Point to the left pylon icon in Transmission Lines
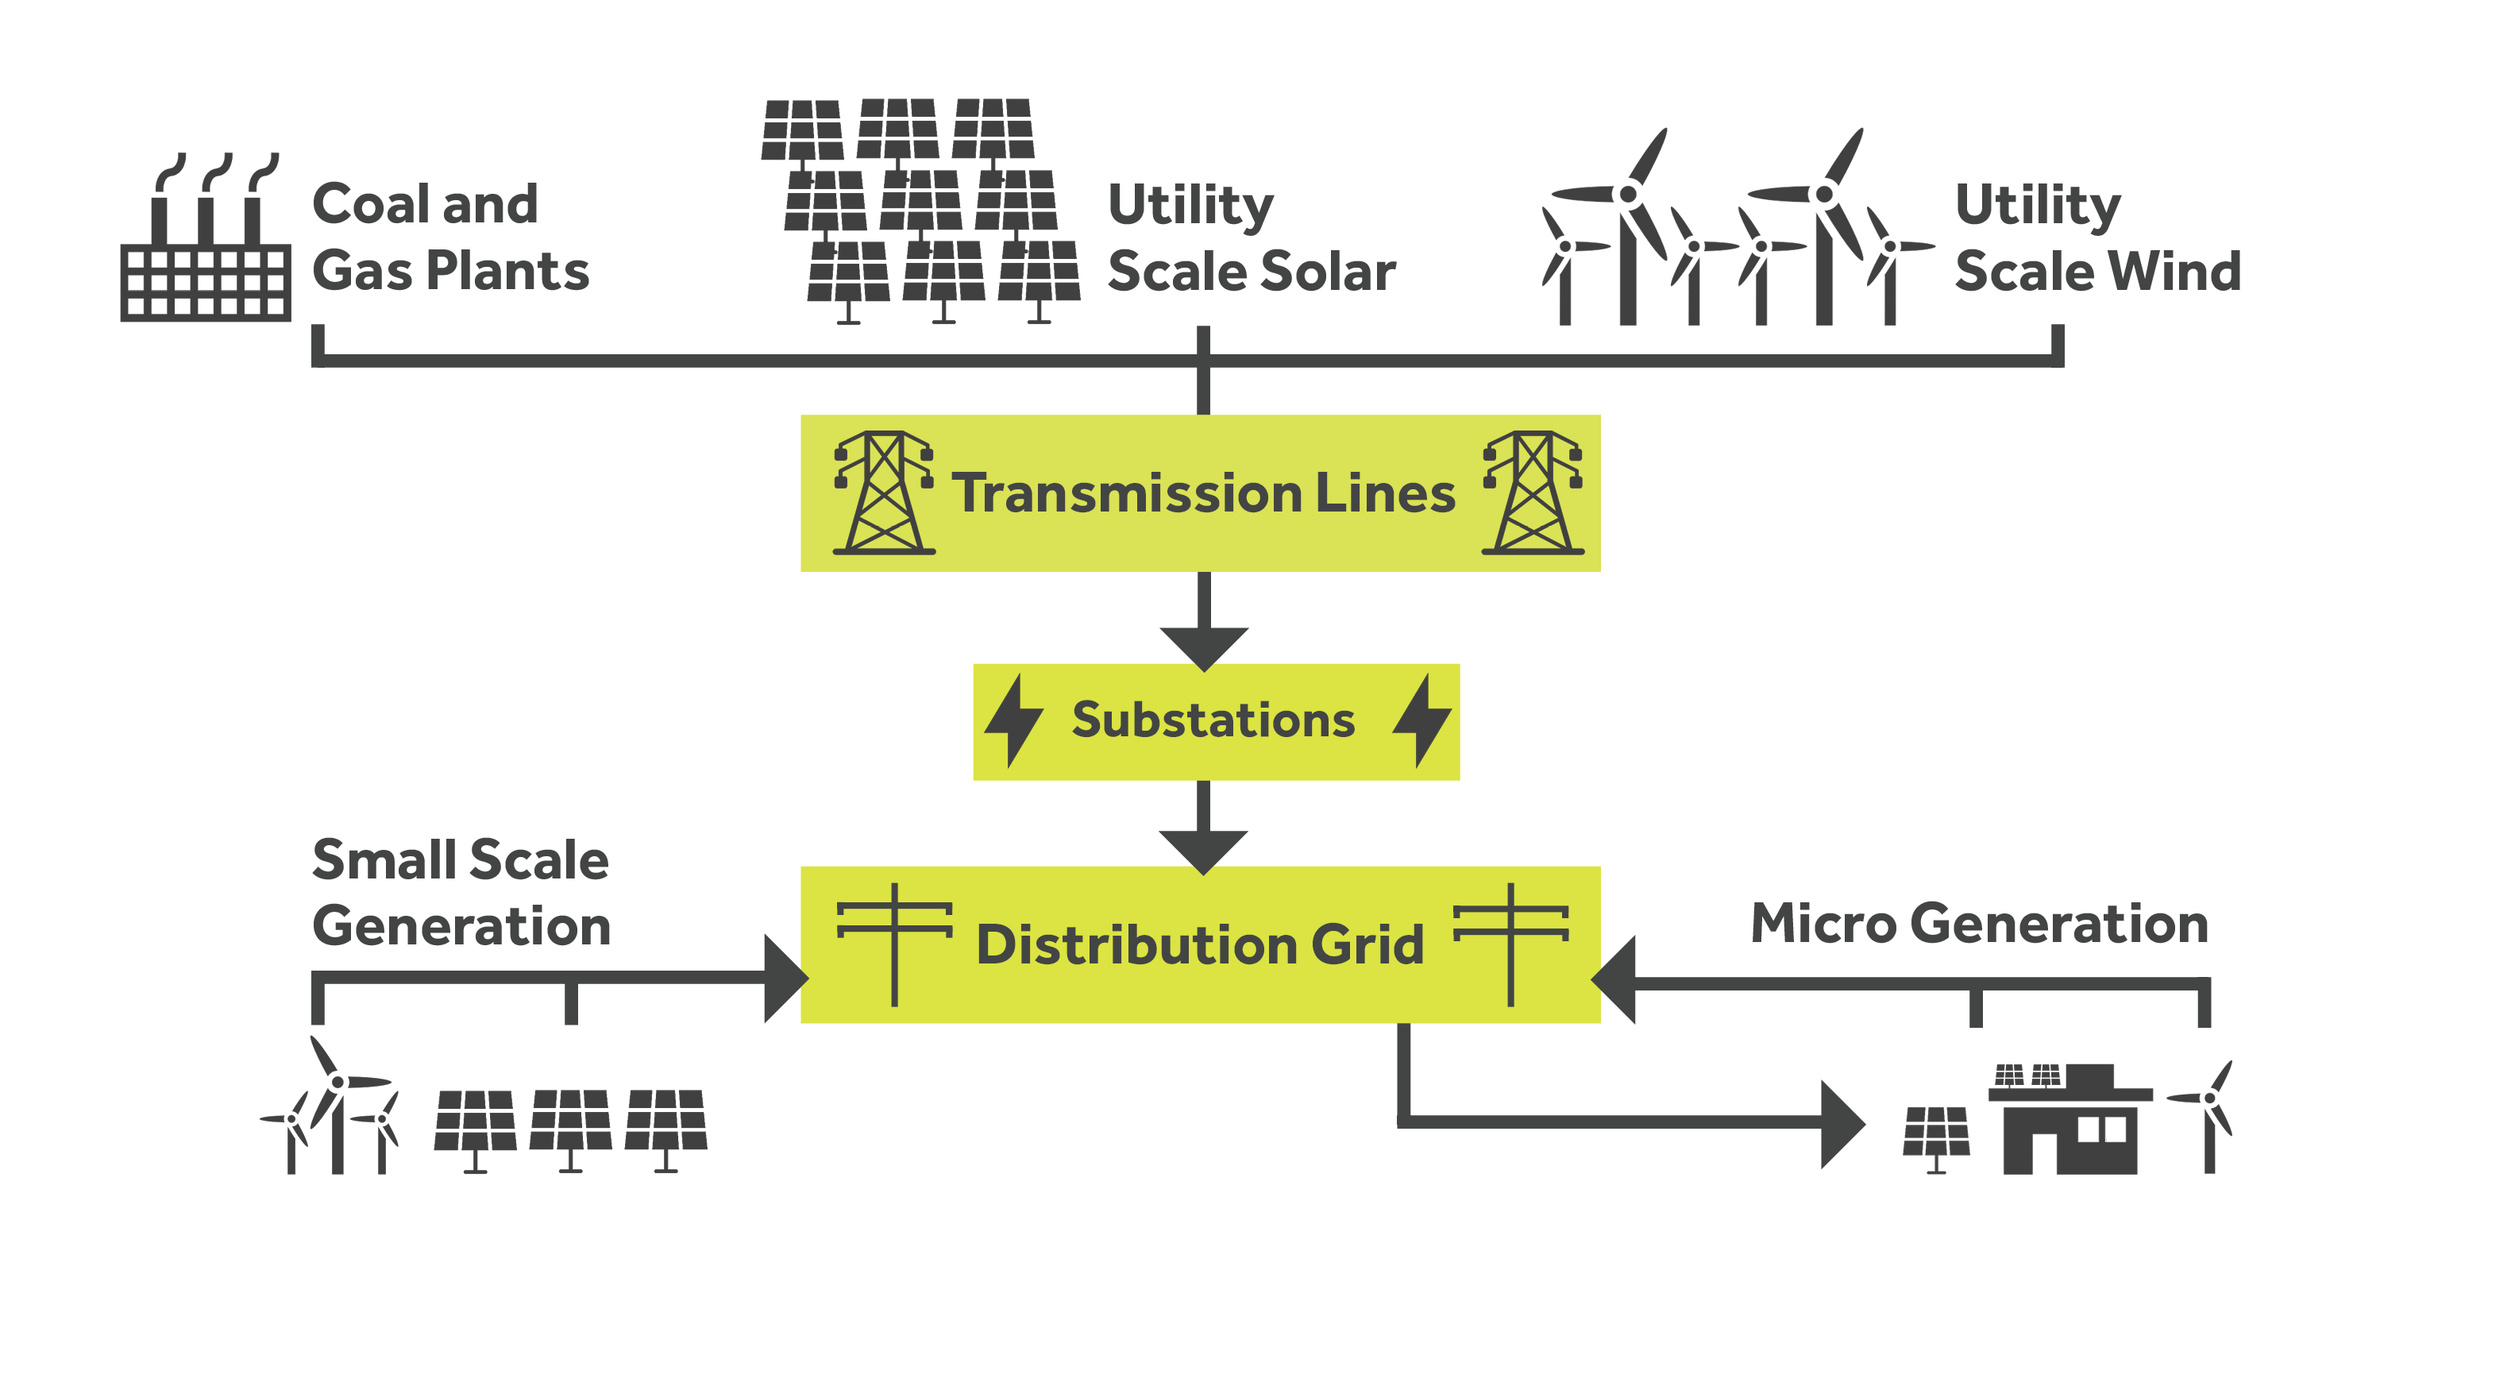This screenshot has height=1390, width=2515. pos(884,493)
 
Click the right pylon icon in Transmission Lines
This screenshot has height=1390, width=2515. pos(1533,493)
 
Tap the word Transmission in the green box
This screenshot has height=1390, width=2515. pos(1128,493)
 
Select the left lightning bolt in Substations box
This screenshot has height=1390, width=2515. pos(1013,721)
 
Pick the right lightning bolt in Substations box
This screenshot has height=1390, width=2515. pos(1421,721)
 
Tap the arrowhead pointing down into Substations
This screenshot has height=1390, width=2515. pos(1204,647)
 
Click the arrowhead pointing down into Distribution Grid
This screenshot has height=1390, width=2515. pos(1204,851)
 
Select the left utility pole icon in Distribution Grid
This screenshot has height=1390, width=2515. pos(894,943)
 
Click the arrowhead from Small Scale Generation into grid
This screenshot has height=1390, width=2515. pos(783,978)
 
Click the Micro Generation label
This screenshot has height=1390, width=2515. pos(1979,924)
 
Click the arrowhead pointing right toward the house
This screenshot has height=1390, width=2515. pos(1842,1124)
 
